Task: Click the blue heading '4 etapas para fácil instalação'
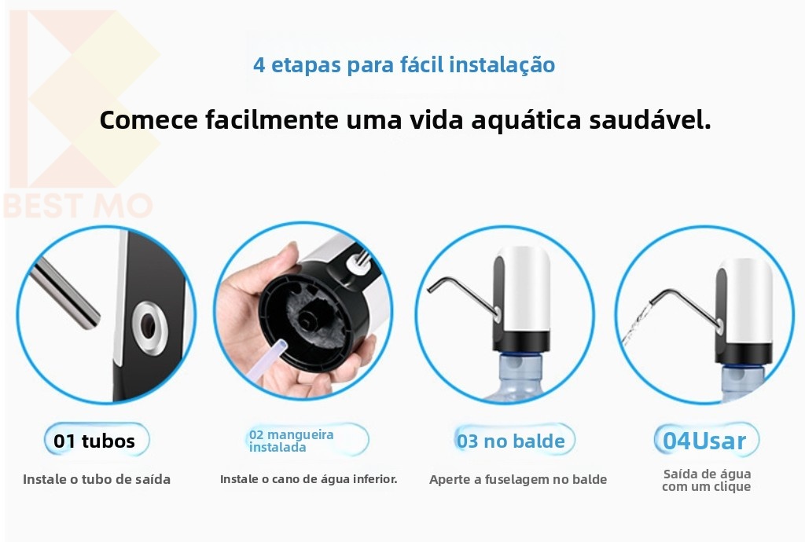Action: pos(404,65)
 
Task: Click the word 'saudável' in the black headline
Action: pos(649,119)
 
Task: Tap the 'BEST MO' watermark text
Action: pos(78,206)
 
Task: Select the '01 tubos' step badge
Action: pos(97,440)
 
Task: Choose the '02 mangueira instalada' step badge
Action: pos(307,440)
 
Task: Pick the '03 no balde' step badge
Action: pos(514,440)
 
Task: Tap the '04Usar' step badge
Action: pos(706,440)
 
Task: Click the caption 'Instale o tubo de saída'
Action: pos(97,479)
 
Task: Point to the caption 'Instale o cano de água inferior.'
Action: pos(308,479)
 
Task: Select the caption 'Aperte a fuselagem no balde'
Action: pos(518,479)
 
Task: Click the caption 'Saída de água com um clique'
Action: pos(707,481)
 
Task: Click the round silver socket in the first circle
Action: pos(149,327)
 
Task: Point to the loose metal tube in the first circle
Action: pos(64,292)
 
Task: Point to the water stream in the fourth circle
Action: pos(635,324)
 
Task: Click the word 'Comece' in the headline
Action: pos(149,119)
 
